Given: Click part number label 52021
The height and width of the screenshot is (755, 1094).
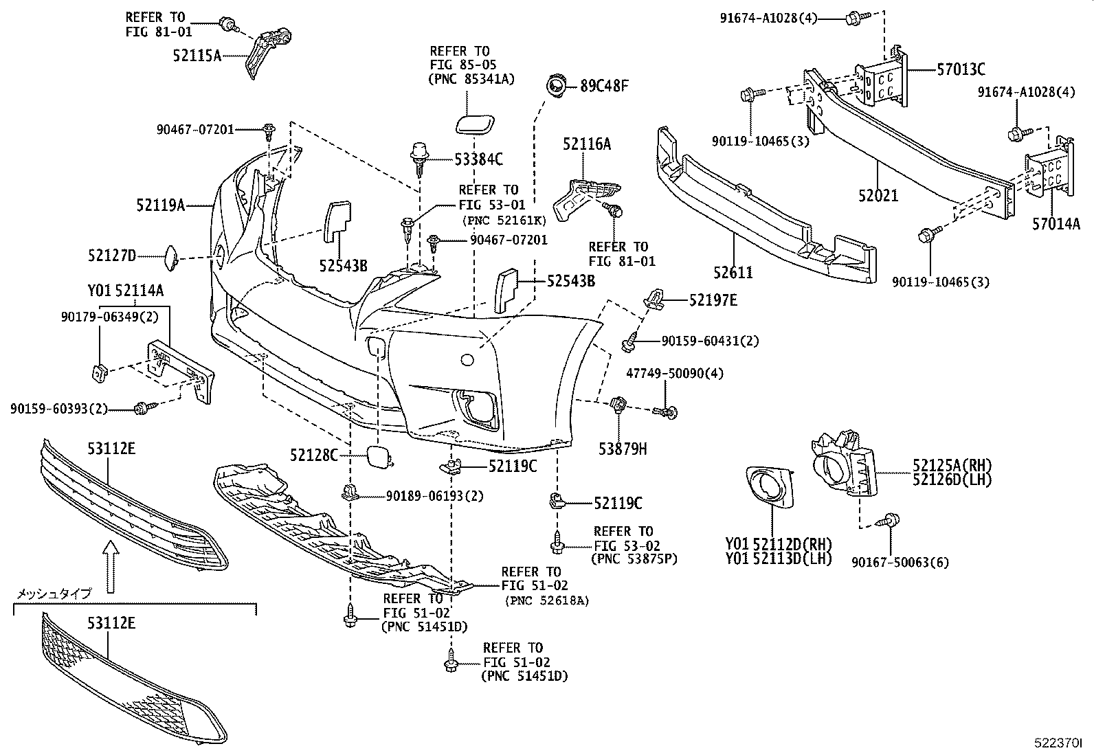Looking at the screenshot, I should point(878,196).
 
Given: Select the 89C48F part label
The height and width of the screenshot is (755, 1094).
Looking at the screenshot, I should point(604,87).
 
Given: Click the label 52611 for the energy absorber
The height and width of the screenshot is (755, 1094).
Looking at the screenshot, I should point(733,273).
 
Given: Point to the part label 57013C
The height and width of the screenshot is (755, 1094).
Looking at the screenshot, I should point(961,69).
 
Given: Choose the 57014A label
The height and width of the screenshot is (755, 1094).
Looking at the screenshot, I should point(1056,223).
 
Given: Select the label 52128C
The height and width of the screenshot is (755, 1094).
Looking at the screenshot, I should point(314,455).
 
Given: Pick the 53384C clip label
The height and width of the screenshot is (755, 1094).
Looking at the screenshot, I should point(478,160).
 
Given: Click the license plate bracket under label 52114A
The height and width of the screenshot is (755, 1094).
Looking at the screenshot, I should point(180,372).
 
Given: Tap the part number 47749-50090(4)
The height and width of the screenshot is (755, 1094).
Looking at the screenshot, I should point(665,374).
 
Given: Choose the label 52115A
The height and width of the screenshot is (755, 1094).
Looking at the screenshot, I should point(197,56).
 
